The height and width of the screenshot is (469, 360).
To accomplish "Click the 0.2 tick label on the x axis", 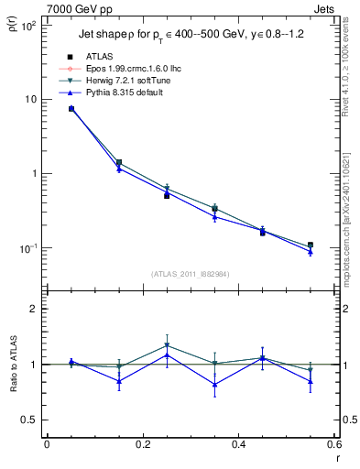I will (142, 446).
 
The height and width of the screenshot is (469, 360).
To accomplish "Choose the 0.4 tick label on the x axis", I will (238, 446).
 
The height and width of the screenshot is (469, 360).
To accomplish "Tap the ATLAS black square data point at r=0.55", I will (311, 245).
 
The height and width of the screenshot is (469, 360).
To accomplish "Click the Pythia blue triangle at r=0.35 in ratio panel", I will (214, 385).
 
